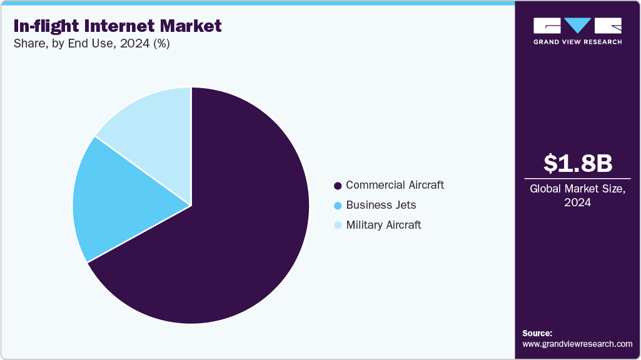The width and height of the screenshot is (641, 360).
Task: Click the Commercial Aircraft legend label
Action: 395,185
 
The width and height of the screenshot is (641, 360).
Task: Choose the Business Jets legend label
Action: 381,205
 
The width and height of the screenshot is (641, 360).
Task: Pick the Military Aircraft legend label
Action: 383,225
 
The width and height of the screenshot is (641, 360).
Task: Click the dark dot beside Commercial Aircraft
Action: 338,186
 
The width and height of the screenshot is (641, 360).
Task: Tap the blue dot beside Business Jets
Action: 338,206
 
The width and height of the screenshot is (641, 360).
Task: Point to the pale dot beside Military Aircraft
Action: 338,226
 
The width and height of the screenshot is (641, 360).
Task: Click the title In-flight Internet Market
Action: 117,26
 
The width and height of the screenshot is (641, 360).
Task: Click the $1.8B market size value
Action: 577,163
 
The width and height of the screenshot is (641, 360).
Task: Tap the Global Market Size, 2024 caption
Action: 577,196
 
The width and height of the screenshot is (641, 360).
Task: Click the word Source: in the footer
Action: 537,333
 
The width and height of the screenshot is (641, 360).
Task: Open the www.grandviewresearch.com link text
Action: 577,344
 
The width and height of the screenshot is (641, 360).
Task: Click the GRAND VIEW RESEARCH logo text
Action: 577,42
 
